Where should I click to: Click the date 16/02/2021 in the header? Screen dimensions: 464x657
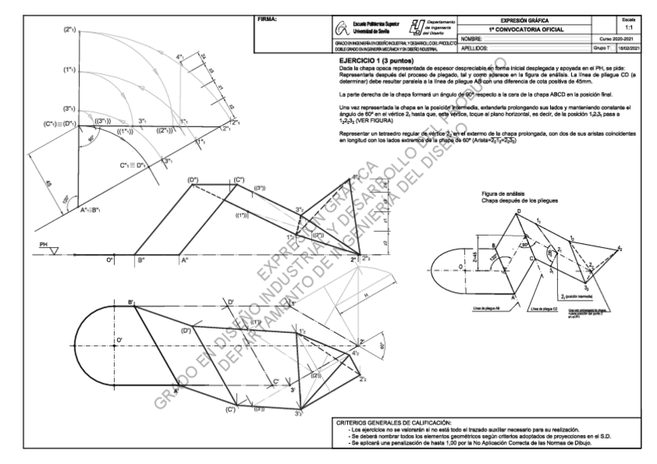coord(635,48)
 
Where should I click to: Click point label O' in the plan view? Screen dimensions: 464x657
coord(119,339)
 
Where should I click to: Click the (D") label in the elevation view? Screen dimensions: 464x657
coord(194,180)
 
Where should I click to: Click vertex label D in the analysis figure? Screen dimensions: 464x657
coord(519,211)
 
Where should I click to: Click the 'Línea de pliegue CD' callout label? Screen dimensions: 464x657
coord(534,308)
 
